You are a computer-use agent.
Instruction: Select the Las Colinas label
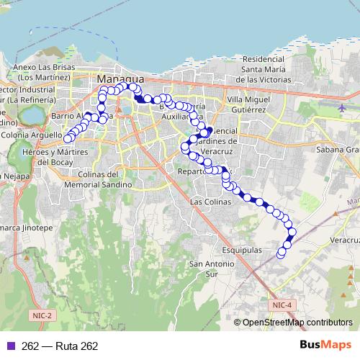tap(210, 202)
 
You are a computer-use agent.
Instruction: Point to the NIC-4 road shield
tap(283, 305)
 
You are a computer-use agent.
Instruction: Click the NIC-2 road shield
tap(42, 315)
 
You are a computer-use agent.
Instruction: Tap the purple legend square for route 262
tap(11, 346)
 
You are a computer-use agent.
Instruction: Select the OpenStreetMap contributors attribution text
tap(297, 323)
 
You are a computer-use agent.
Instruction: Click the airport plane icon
tap(343, 108)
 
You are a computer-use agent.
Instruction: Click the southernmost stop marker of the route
tap(281, 253)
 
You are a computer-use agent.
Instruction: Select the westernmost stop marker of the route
tap(68, 139)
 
